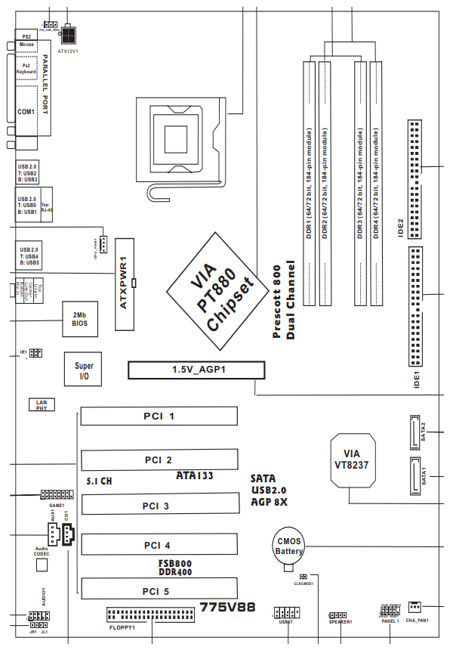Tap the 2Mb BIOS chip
(x=79, y=318)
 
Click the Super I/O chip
(x=84, y=370)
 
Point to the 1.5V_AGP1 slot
(x=196, y=370)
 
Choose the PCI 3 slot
(x=159, y=506)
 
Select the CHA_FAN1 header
(x=414, y=606)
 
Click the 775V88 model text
(x=227, y=606)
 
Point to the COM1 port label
(x=27, y=111)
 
